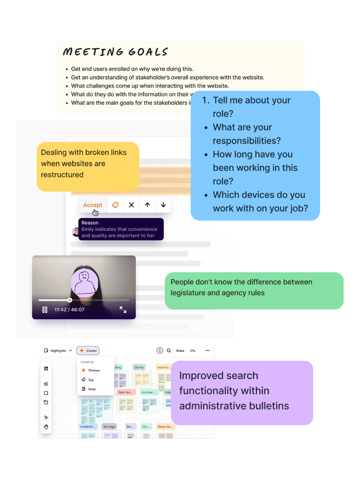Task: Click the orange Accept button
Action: [x=93, y=205]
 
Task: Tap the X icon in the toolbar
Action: [x=132, y=205]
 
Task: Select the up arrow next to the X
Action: [x=147, y=205]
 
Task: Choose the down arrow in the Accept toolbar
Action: [x=163, y=205]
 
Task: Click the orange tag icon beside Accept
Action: [x=115, y=205]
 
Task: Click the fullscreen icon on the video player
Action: [x=123, y=310]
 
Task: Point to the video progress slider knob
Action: [x=70, y=300]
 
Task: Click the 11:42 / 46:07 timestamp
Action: [x=70, y=310]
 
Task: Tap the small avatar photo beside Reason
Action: [x=76, y=232]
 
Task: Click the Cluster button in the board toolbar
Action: [x=88, y=351]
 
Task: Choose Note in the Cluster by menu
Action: [x=92, y=389]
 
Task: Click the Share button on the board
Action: [x=180, y=351]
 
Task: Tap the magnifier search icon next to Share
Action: [x=169, y=351]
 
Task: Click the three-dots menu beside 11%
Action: [x=207, y=351]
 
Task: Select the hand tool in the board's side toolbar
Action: [x=46, y=427]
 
